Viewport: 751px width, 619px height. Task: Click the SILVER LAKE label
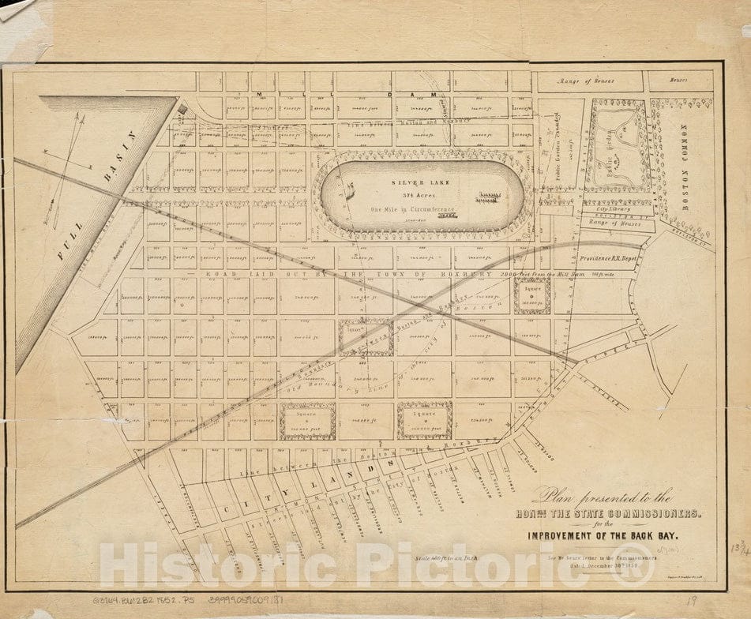click(x=420, y=182)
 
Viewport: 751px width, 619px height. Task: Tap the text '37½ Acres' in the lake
click(x=419, y=195)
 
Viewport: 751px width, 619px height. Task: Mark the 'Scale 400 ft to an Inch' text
click(x=446, y=557)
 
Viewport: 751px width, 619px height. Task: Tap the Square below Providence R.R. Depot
click(x=531, y=295)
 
